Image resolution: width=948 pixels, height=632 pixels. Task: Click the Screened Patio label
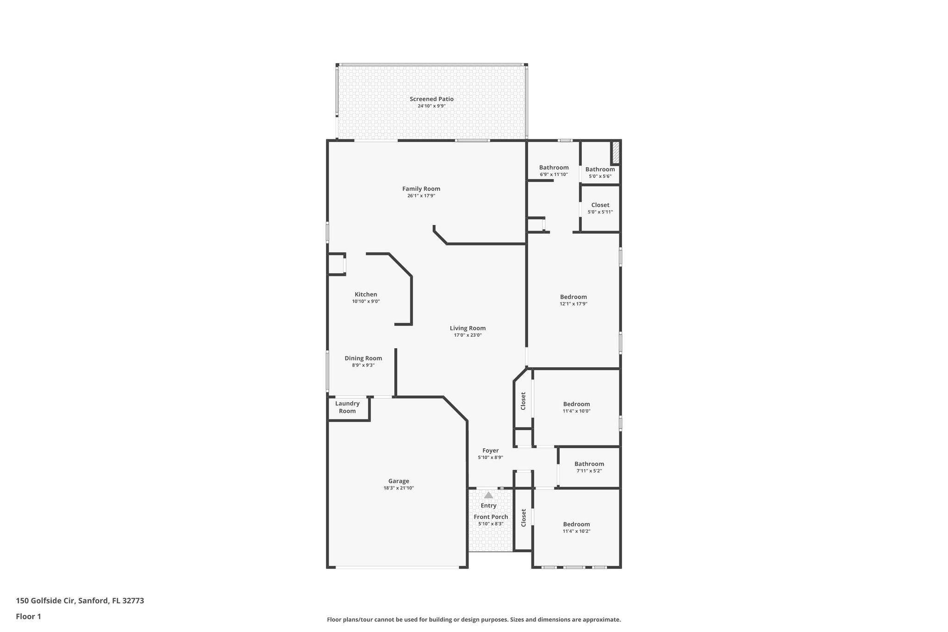431,99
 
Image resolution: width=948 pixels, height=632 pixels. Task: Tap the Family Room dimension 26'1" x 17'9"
421,196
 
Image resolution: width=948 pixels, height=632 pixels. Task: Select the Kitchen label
366,294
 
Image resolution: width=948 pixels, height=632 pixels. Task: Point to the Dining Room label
363,358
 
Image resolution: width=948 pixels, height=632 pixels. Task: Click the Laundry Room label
347,407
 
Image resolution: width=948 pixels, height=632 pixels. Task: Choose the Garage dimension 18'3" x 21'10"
399,488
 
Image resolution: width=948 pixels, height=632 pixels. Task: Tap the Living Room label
468,328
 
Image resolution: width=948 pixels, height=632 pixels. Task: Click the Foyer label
490,450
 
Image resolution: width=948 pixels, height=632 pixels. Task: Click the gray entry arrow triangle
488,495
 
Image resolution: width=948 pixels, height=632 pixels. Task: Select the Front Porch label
491,517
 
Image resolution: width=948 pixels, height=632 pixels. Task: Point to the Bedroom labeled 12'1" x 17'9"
573,297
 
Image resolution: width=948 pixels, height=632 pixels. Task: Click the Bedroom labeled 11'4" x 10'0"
576,404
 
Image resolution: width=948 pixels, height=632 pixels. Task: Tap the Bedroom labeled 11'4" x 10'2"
576,524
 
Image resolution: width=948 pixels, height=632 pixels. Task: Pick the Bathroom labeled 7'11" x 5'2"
589,463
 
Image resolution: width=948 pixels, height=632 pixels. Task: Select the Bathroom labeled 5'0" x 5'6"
600,169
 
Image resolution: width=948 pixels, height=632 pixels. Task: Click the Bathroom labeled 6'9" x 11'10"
554,167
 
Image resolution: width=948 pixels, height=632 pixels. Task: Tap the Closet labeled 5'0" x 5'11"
600,205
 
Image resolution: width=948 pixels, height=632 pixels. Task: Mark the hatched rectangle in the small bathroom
616,152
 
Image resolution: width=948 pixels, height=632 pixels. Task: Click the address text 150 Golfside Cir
45,601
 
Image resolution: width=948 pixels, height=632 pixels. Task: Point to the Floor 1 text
28,616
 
